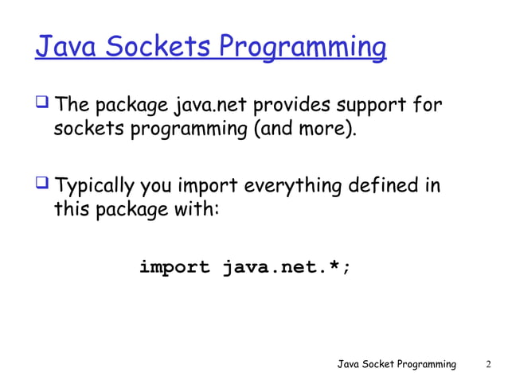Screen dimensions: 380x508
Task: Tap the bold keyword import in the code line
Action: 174,267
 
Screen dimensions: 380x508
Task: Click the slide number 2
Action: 488,364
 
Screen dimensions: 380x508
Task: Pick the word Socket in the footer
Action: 383,364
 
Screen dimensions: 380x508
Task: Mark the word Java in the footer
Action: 350,364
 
